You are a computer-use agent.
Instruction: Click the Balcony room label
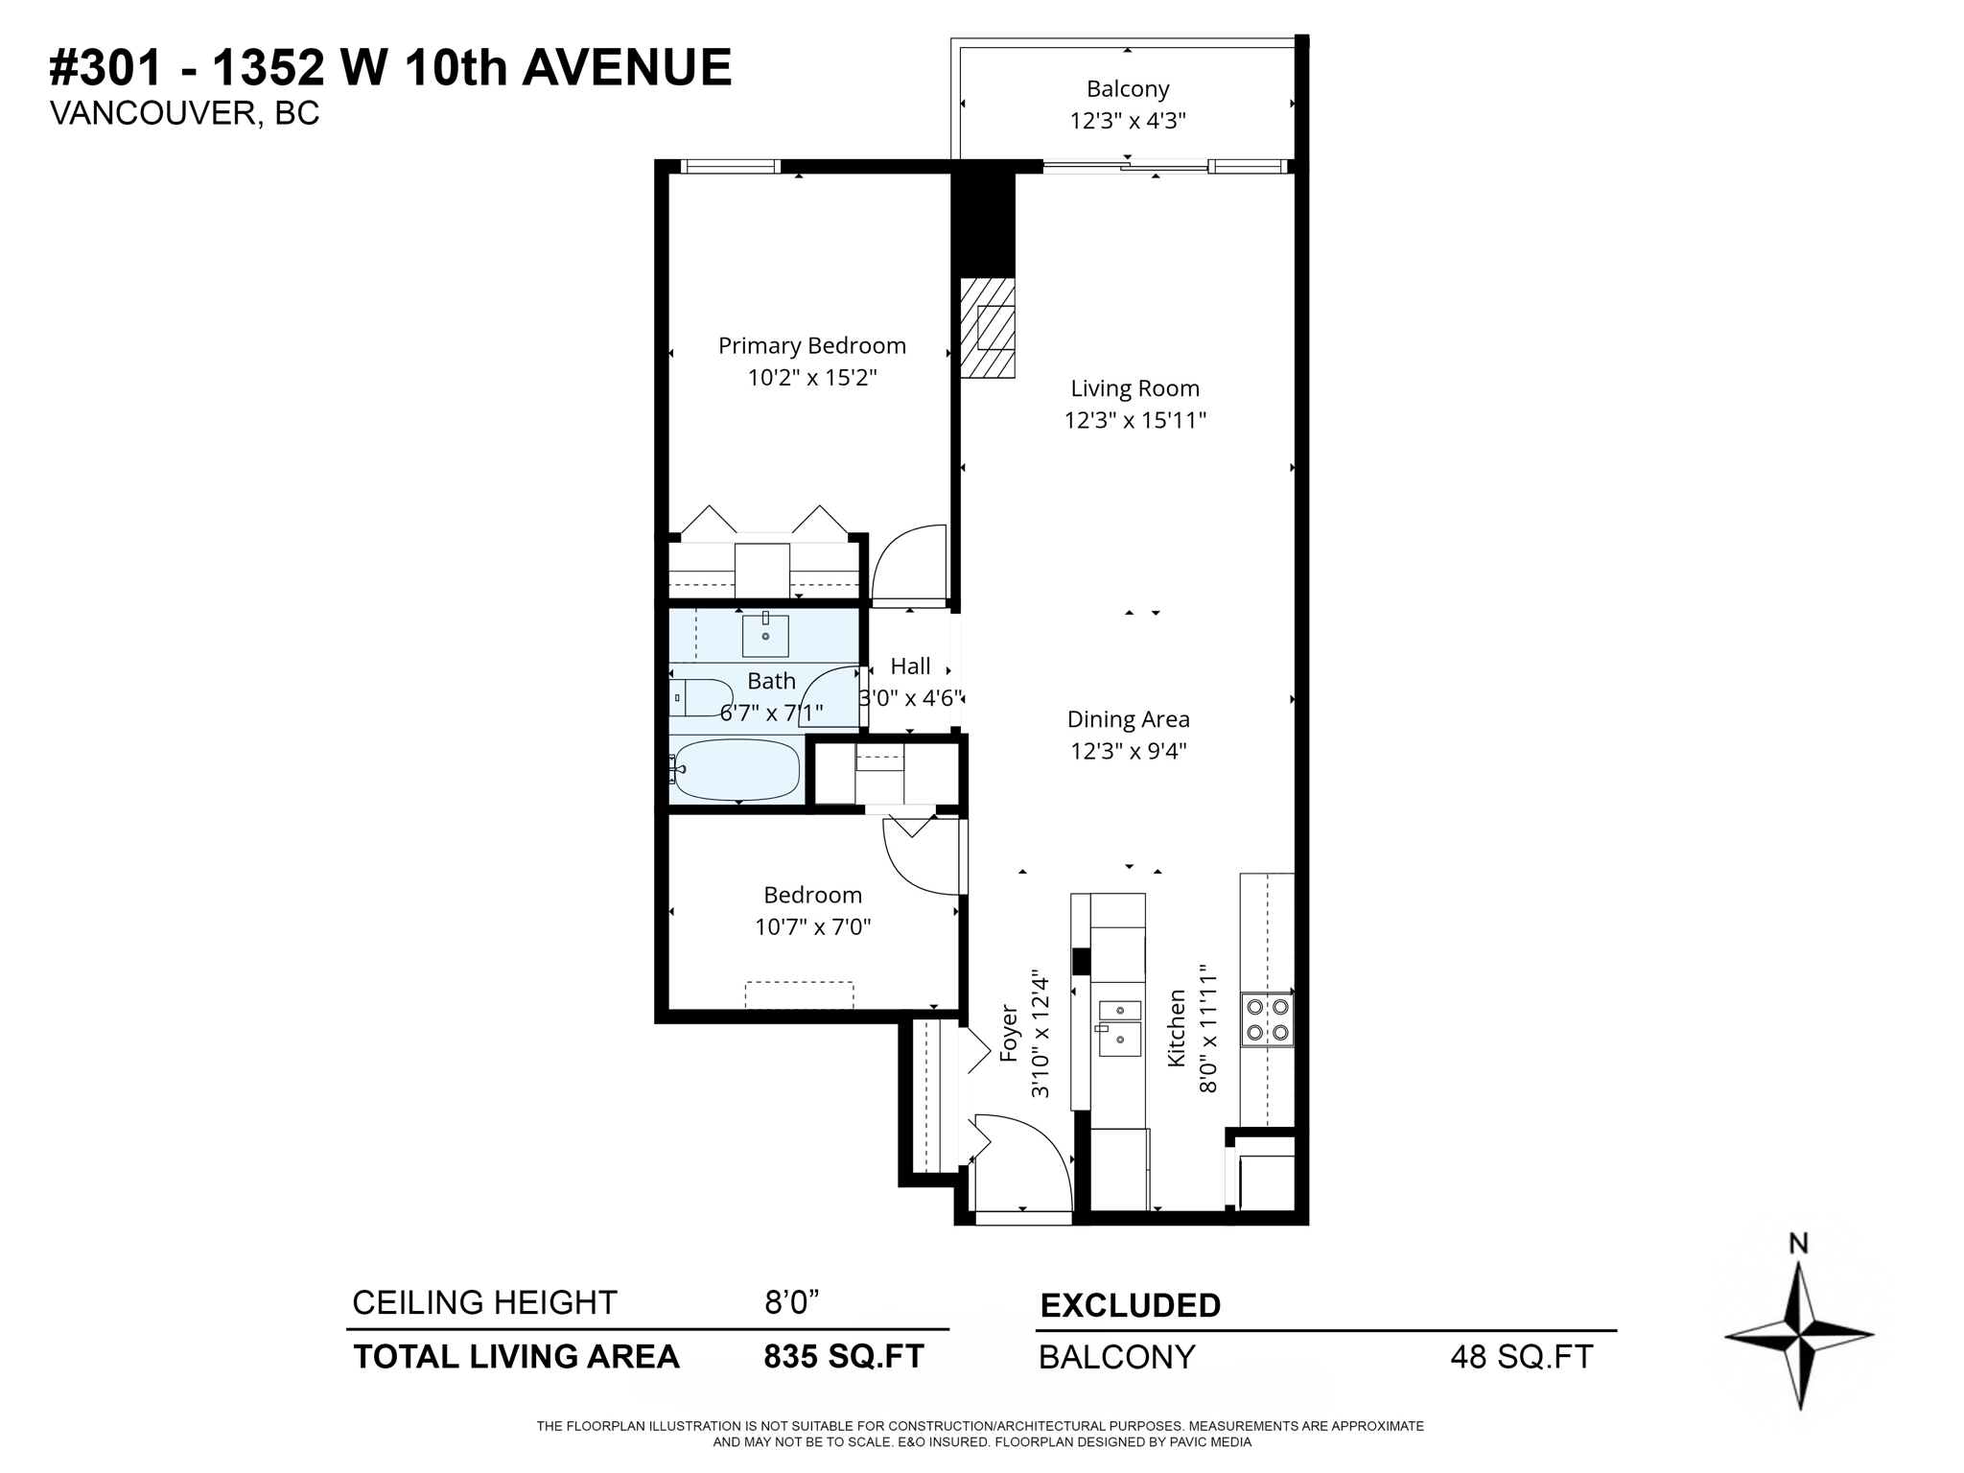point(1128,89)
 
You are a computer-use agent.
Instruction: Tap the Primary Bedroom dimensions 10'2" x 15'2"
point(812,378)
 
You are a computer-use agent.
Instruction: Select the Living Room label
point(1134,388)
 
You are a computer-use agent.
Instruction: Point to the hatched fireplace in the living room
point(988,327)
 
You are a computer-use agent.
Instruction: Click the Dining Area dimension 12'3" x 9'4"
point(1129,751)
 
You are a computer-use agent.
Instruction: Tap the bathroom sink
point(765,635)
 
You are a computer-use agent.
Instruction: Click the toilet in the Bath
point(699,697)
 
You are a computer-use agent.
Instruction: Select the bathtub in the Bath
point(736,769)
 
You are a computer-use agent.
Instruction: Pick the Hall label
point(910,666)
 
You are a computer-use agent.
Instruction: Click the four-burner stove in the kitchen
point(1267,1019)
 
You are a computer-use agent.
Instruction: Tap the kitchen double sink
point(1119,1027)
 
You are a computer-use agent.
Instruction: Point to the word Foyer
point(1008,1033)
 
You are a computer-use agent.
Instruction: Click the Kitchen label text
point(1177,1028)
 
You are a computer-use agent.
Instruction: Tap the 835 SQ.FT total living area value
point(843,1356)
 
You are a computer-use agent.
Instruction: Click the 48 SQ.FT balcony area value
point(1521,1357)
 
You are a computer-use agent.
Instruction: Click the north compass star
point(1798,1334)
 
